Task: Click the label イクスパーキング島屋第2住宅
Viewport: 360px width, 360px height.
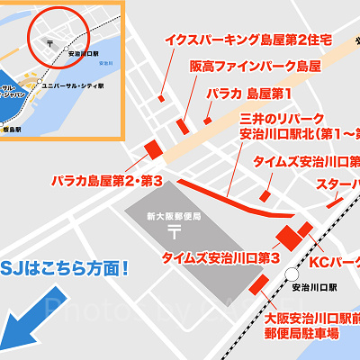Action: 248,40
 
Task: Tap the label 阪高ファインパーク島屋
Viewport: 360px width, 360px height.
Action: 255,67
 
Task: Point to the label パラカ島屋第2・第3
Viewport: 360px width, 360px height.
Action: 107,181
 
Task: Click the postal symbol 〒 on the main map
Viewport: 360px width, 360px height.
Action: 174,231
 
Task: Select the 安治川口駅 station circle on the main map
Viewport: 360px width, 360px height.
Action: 290,273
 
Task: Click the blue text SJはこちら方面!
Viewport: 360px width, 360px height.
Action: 67,267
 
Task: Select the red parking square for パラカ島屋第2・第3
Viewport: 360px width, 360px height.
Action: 151,148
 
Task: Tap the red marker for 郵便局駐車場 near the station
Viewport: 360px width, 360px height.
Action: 258,284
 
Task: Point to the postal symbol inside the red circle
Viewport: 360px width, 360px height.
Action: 53,41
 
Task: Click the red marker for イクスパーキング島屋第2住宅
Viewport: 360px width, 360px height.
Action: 161,97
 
